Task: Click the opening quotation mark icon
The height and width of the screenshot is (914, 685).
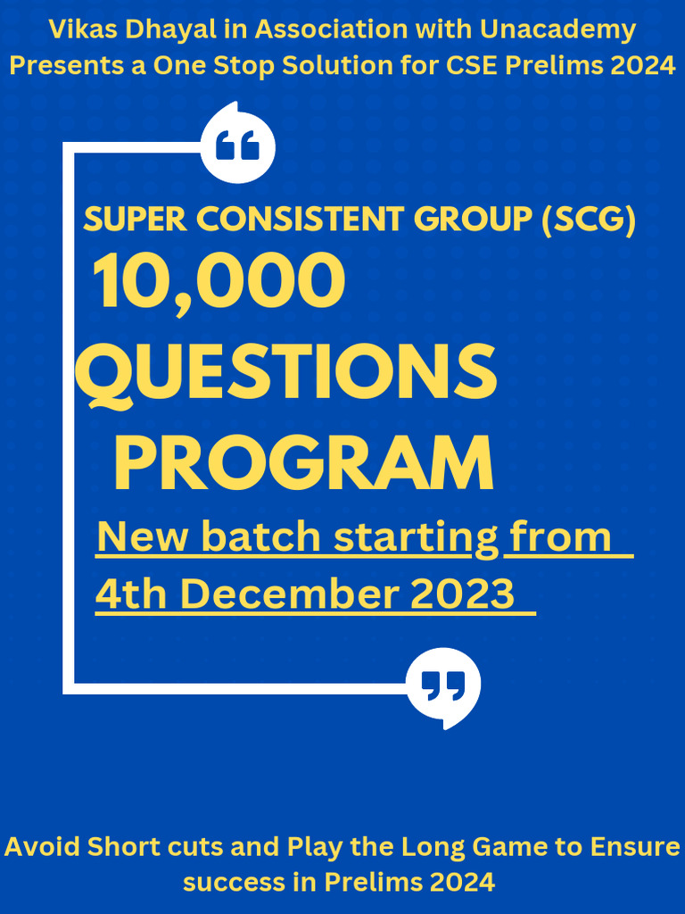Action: point(238,145)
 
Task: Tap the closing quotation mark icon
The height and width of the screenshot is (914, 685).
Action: point(443,685)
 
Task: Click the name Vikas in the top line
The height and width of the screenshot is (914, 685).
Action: point(78,29)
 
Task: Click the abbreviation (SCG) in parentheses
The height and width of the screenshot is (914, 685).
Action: point(589,220)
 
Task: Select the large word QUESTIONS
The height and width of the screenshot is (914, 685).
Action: point(285,374)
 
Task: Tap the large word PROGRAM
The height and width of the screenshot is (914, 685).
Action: point(303,463)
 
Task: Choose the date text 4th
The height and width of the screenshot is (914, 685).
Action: point(134,594)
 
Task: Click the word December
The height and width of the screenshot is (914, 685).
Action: point(291,594)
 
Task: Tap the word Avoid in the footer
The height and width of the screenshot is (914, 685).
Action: point(43,846)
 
